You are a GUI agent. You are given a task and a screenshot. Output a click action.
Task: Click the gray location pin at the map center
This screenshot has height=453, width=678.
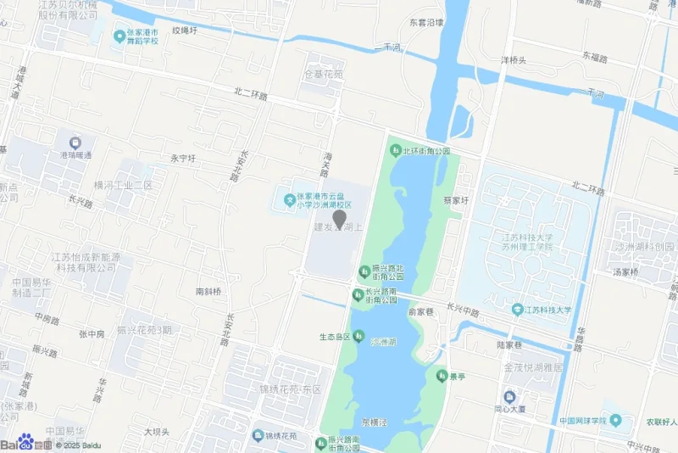pos(339,219)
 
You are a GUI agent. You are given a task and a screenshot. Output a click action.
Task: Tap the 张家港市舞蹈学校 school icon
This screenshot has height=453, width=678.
pos(119,36)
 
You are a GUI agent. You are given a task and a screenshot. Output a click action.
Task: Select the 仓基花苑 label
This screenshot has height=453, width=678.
pos(324,75)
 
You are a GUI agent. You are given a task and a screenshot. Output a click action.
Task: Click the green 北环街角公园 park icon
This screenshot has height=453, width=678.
pos(394,151)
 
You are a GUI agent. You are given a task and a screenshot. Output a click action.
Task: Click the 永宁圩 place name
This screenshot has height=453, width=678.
pos(183,158)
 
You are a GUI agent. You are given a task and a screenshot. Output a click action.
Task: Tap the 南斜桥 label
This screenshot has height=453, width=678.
pos(208,291)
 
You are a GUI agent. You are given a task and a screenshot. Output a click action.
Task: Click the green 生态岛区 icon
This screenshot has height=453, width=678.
pos(359,336)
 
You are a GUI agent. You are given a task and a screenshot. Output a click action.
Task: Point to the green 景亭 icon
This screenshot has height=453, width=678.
pos(442,375)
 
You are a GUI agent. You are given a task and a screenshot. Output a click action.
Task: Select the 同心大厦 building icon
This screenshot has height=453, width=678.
pos(509,396)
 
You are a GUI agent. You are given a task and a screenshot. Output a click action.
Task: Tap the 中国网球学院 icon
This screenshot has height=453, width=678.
pos(616,421)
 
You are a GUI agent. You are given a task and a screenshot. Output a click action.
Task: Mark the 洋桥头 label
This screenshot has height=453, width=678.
pos(513,60)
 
